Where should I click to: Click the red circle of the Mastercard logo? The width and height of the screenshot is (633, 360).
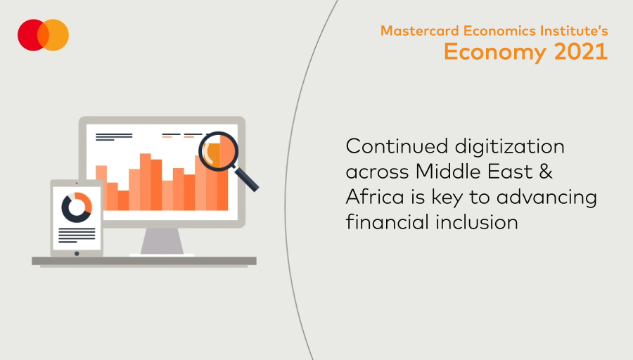pos(29,35)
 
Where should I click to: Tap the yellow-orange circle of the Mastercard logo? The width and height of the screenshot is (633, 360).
pos(56,35)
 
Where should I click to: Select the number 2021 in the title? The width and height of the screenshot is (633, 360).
pos(581,51)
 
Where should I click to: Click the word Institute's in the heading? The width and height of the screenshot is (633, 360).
pos(574,31)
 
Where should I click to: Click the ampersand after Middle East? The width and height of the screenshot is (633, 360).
pos(545,172)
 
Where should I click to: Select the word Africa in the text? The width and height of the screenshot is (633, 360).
pos(375,197)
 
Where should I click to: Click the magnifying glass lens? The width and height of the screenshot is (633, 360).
pos(219,152)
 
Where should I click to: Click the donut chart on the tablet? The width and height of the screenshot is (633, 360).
pos(76,207)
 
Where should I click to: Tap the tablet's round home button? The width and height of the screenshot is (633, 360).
pos(77,253)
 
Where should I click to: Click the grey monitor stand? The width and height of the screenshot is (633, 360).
pos(162,242)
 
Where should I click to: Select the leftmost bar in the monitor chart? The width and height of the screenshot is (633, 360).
pos(101,188)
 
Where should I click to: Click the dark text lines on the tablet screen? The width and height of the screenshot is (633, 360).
pos(77,236)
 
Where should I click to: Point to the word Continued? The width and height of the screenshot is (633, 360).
pos(397,146)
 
